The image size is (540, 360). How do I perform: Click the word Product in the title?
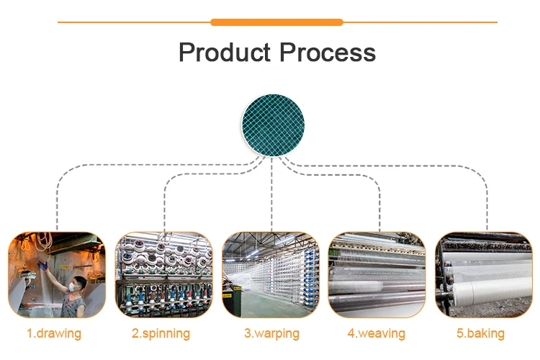[x=224, y=53]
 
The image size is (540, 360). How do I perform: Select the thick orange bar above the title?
[x=276, y=22]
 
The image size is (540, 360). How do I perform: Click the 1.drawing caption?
[x=54, y=333]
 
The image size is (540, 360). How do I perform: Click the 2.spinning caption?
[x=161, y=333]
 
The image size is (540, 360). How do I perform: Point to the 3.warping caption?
[x=270, y=333]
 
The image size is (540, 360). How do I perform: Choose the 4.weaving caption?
[x=376, y=333]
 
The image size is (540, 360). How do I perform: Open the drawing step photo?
[x=57, y=274]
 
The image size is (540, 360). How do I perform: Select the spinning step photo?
[x=164, y=274]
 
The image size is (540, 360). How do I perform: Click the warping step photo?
[x=270, y=274]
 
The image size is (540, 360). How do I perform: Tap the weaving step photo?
[x=376, y=274]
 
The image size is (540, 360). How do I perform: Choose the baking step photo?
[x=483, y=274]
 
